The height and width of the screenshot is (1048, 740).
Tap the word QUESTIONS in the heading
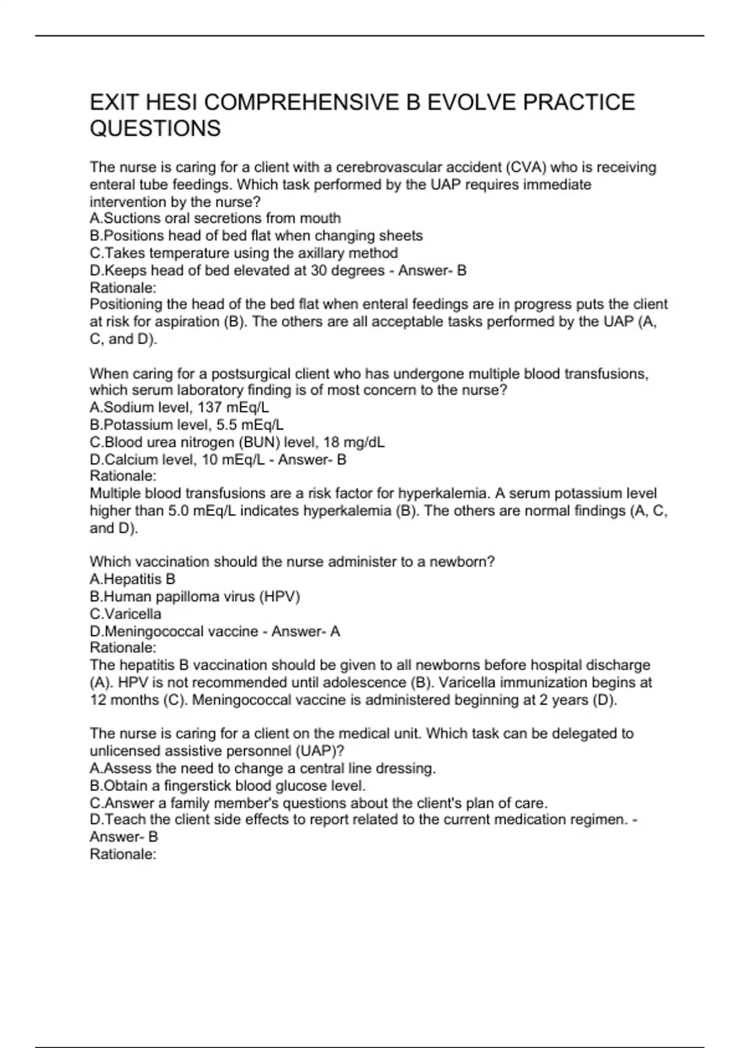coord(155,128)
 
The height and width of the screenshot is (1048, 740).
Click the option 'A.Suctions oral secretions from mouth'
coord(215,218)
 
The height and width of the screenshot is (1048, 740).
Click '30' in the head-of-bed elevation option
coord(319,270)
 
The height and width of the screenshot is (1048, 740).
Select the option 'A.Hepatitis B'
coord(133,579)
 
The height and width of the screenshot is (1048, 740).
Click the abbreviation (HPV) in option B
coord(279,596)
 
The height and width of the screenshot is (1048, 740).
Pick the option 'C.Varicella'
coord(126,614)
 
